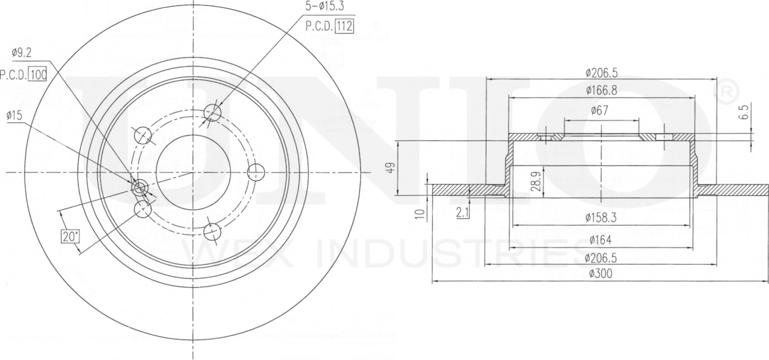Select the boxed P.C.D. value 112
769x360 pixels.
click(x=343, y=27)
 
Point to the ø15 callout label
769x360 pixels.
click(x=15, y=116)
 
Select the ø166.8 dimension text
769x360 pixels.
click(x=602, y=90)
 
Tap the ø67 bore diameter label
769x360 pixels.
click(x=601, y=111)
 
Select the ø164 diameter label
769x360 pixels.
click(x=602, y=239)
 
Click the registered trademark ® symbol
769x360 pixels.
click(x=725, y=91)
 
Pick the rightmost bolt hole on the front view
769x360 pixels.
click(x=256, y=173)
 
